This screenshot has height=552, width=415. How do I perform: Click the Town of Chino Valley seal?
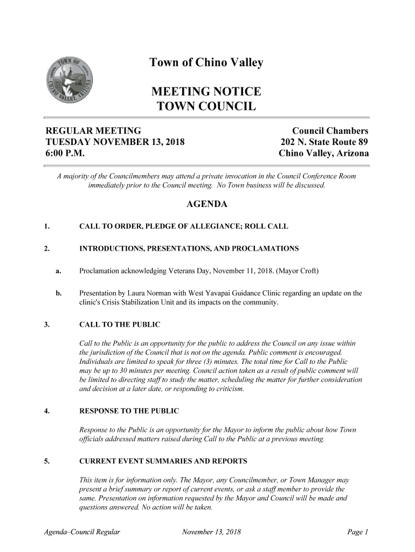click(70, 82)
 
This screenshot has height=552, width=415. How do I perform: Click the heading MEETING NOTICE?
click(206, 91)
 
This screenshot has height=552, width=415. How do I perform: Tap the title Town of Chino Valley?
click(206, 64)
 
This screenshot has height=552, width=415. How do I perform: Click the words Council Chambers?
click(330, 131)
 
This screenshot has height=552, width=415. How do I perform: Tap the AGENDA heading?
click(206, 205)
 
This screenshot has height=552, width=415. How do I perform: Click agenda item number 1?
click(47, 226)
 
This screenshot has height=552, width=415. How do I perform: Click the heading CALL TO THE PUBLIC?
click(120, 325)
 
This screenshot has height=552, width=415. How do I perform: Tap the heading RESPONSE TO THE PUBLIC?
click(129, 411)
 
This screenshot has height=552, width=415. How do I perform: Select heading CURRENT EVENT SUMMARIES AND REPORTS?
click(163, 461)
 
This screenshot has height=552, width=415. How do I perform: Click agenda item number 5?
click(47, 461)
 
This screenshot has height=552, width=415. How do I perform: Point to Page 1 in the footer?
click(357, 533)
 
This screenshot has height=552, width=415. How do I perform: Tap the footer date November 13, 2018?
click(211, 533)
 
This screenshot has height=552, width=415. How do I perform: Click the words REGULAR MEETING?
click(93, 131)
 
